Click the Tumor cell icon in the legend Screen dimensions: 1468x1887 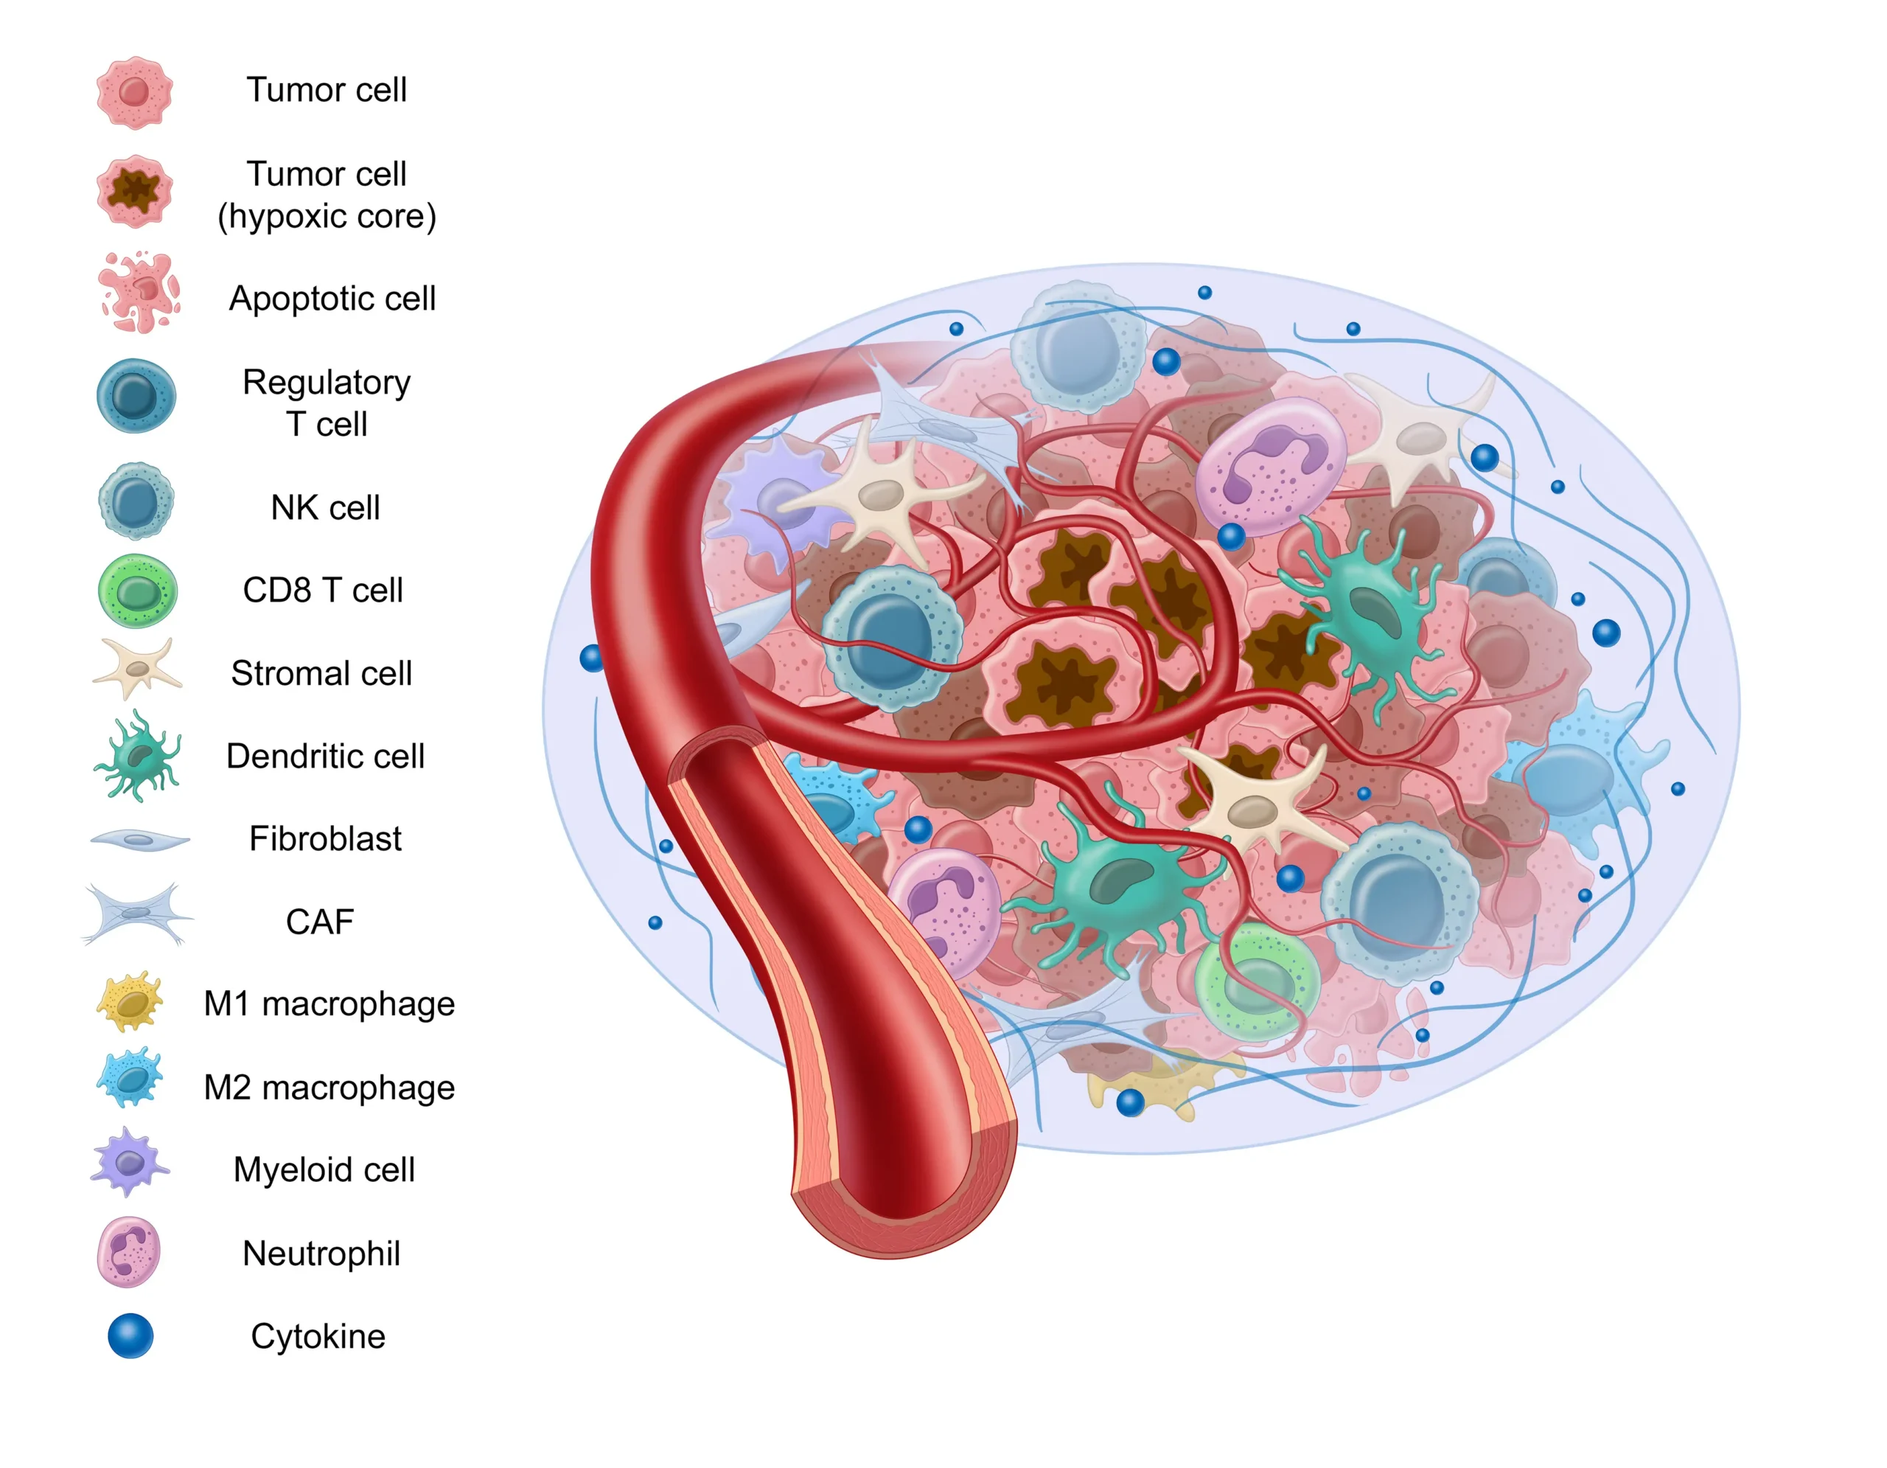coord(134,92)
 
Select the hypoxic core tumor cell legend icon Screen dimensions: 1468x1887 coord(134,191)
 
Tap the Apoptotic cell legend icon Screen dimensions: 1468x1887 coord(139,293)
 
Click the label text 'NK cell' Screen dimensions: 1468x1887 coord(325,508)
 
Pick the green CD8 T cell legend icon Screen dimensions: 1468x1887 coord(136,591)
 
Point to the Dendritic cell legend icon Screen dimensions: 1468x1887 coord(137,756)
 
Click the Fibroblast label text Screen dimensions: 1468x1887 coord(325,839)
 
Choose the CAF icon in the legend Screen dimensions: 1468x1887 coord(137,914)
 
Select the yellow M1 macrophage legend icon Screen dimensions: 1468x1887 coord(130,1002)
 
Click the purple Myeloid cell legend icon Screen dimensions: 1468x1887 coord(130,1162)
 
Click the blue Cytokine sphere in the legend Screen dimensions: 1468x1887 coord(130,1336)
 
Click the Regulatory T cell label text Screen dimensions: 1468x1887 coord(327,403)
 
